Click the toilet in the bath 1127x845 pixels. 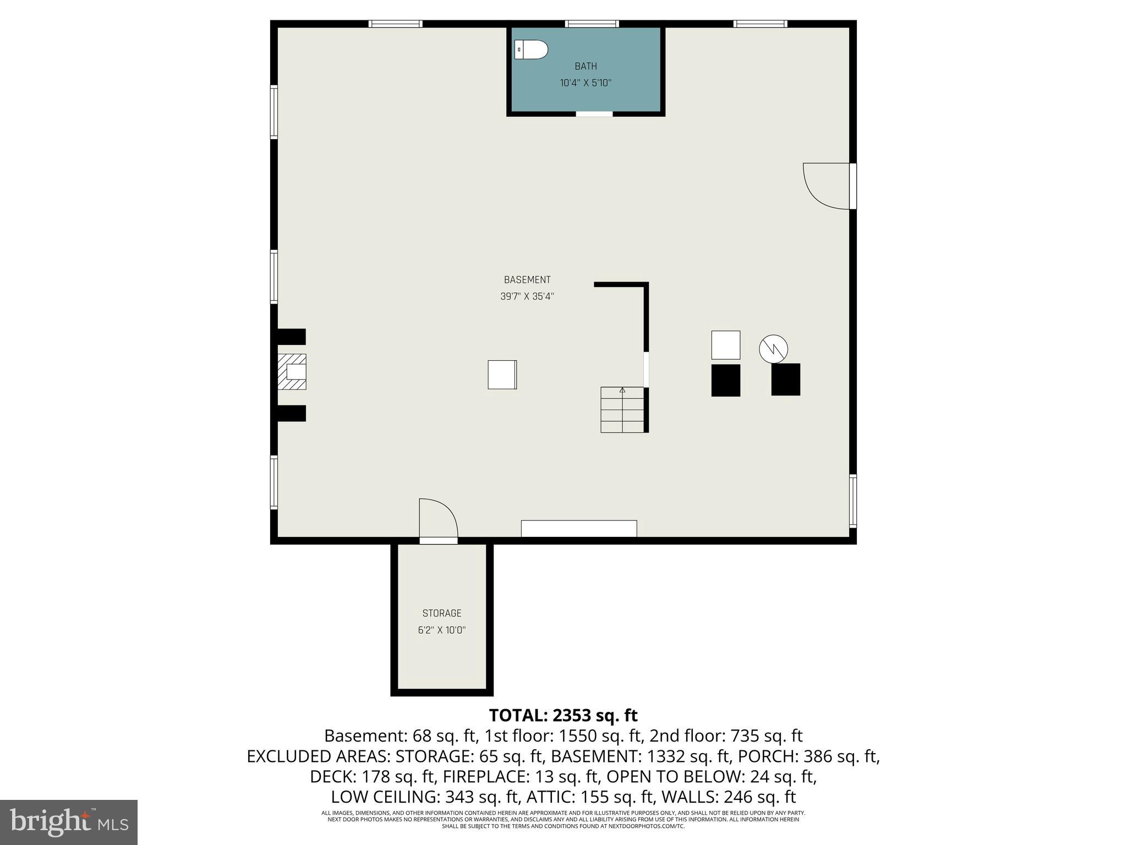pyautogui.click(x=532, y=50)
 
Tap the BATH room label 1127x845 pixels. pyautogui.click(x=586, y=66)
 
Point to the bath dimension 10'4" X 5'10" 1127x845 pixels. pyautogui.click(x=586, y=83)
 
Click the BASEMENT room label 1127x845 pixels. pyautogui.click(x=527, y=279)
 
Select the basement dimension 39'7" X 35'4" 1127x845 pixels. pyautogui.click(x=527, y=296)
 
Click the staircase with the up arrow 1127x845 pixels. pyautogui.click(x=622, y=409)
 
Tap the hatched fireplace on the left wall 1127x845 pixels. pyautogui.click(x=292, y=372)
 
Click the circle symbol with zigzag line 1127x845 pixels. pyautogui.click(x=773, y=349)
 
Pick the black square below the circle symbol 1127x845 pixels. pyautogui.click(x=785, y=379)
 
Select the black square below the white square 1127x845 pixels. pyautogui.click(x=725, y=380)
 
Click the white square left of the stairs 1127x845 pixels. pyautogui.click(x=502, y=375)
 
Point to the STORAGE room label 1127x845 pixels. pyautogui.click(x=441, y=613)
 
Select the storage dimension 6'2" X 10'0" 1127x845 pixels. pyautogui.click(x=441, y=630)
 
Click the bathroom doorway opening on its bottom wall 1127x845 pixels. pyautogui.click(x=594, y=114)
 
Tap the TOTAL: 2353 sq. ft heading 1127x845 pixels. pyautogui.click(x=563, y=715)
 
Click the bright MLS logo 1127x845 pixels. pyautogui.click(x=68, y=821)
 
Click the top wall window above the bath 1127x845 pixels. pyautogui.click(x=592, y=24)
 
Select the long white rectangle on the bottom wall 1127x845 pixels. pyautogui.click(x=579, y=528)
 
